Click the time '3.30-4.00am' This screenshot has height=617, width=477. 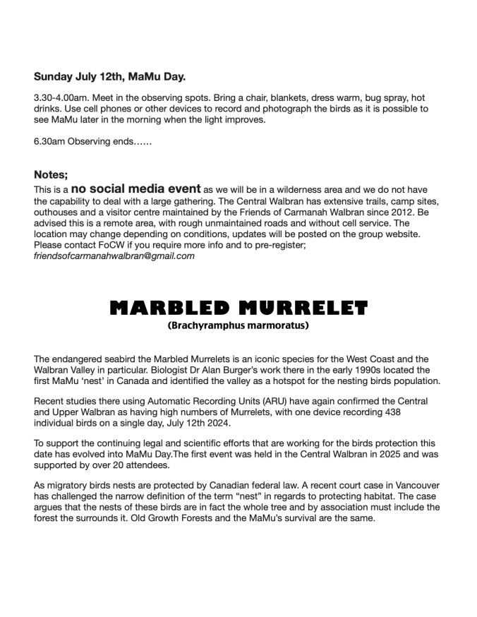pos(60,97)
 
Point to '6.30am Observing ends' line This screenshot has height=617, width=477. pos(92,141)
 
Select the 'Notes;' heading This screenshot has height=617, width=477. pos(51,174)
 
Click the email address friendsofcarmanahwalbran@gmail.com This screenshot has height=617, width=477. pos(114,256)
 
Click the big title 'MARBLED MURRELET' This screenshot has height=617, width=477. pos(238,308)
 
